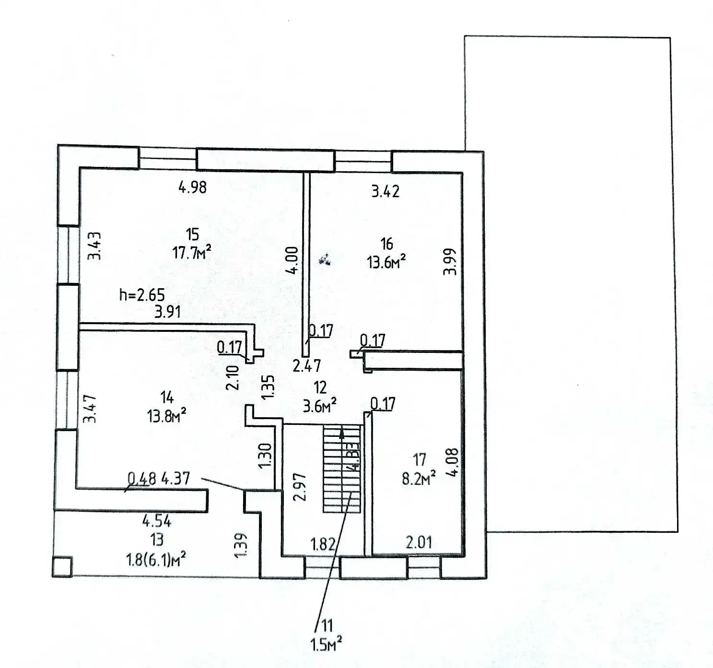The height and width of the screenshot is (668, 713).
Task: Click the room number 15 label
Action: pos(192,234)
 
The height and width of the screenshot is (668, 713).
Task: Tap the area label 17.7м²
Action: pos(192,252)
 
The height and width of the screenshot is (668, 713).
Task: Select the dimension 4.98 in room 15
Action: pos(192,187)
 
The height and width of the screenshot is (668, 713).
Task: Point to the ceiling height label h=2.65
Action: pos(142,294)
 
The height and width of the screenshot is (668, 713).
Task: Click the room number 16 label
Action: pos(386,244)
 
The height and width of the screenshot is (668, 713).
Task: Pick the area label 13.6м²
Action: pos(386,262)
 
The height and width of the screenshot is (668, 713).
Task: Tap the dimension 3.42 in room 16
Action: pos(385,191)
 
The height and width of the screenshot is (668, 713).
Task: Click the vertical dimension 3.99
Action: pos(450,261)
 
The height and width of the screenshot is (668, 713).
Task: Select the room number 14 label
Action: pos(167,397)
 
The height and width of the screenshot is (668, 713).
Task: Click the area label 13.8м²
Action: pos(166,415)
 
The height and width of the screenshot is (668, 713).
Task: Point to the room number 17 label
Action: pos(420,460)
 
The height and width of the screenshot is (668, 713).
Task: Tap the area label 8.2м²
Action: pos(419,478)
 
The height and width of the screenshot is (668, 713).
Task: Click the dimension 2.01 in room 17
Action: pos(419,542)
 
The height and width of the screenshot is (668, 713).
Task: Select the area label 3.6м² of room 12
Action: pos(319,406)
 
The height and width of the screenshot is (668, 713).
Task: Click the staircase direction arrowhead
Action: pos(341,433)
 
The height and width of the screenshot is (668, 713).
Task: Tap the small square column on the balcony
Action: pos(62,566)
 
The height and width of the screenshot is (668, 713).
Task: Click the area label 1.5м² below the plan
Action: pos(326,645)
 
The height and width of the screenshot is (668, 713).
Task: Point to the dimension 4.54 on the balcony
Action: pos(157,521)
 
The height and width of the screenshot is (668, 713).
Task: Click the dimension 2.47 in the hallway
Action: pos(307,366)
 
